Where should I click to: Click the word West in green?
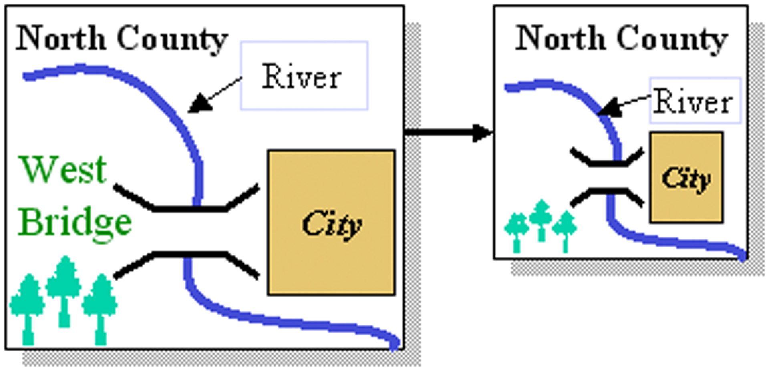(x=63, y=169)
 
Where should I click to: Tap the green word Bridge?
(x=75, y=223)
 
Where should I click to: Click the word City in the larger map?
(x=332, y=224)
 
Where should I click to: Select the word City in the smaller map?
(x=686, y=178)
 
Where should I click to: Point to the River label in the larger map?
(x=302, y=76)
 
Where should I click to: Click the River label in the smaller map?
(x=693, y=102)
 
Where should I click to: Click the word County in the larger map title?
(x=172, y=39)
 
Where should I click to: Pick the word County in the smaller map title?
(x=672, y=39)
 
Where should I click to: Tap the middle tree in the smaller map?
(x=541, y=218)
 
